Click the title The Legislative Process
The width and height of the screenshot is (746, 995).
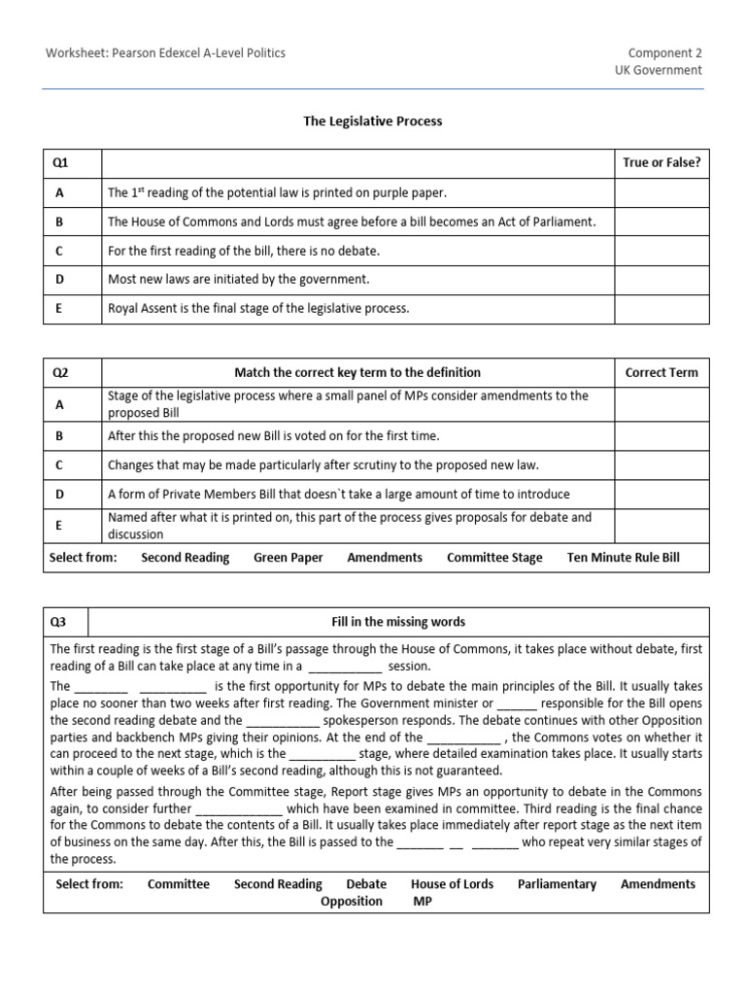click(372, 121)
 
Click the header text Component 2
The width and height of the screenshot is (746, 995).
click(664, 52)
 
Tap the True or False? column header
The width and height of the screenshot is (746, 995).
click(661, 163)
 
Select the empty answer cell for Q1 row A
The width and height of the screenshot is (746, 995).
click(661, 192)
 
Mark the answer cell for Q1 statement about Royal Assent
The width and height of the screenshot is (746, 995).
click(661, 309)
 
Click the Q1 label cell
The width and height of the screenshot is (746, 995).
click(72, 163)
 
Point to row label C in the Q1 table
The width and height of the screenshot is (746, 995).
click(60, 251)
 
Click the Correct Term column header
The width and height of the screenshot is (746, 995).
click(661, 372)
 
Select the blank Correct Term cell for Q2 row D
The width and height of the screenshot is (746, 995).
click(661, 495)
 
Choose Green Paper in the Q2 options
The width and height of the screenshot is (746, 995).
click(288, 558)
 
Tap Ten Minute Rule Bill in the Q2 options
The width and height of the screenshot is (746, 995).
click(624, 558)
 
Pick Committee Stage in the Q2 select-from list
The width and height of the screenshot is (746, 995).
click(494, 558)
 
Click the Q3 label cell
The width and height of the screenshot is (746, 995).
click(65, 622)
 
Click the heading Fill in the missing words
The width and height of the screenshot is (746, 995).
click(398, 622)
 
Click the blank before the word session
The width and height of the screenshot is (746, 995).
click(346, 668)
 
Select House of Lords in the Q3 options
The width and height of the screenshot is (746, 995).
click(452, 884)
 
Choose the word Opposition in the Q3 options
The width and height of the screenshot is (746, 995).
click(352, 902)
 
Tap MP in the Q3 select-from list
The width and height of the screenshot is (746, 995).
click(423, 902)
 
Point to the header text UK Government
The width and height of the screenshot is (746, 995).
click(658, 70)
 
